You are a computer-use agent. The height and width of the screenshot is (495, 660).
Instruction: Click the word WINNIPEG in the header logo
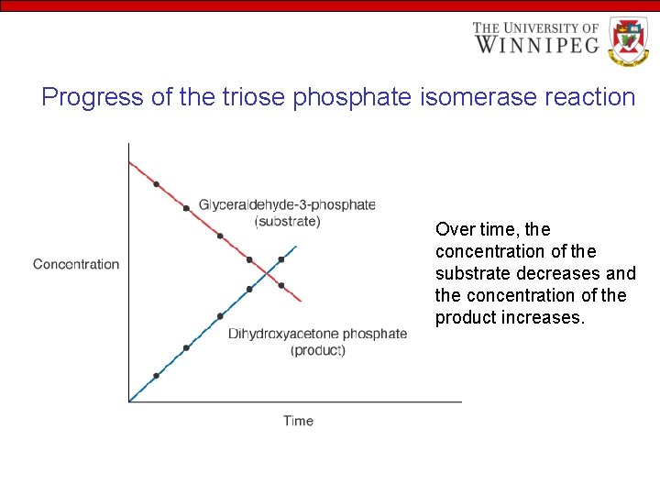[x=536, y=43]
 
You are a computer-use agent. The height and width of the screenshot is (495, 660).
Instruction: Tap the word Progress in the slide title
[x=93, y=97]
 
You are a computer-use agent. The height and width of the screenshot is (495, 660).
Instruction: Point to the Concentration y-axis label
[x=76, y=264]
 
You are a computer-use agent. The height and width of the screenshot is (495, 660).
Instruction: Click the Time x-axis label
[x=298, y=421]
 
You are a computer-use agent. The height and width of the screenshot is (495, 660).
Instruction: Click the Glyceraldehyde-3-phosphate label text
[x=287, y=204]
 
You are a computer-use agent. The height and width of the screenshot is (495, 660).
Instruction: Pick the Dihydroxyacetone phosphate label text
[x=317, y=334]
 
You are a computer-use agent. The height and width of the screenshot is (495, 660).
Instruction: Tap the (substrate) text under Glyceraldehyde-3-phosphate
[x=287, y=221]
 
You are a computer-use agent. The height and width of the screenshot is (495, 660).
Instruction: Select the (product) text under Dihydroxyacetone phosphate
[x=317, y=350]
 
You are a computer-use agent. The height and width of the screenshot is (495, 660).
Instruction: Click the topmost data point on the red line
[x=156, y=184]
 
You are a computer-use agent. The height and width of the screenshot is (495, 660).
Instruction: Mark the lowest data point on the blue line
[x=156, y=376]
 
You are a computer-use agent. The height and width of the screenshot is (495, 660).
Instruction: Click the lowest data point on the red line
[x=281, y=285]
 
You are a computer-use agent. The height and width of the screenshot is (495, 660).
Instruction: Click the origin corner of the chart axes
[x=129, y=401]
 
